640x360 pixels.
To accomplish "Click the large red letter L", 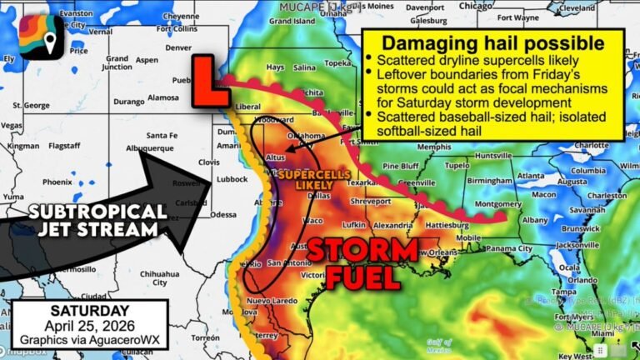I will [x=209, y=82].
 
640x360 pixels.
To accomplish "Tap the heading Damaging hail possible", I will [x=493, y=43].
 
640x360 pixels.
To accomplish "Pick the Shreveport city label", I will [x=372, y=201].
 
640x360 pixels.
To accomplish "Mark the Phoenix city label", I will [x=58, y=182].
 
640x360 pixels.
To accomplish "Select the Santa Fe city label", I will [x=162, y=135].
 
